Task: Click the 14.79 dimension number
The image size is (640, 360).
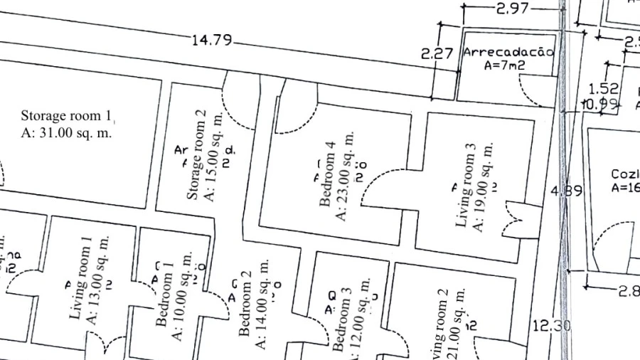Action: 212,40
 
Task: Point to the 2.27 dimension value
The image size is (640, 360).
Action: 437,53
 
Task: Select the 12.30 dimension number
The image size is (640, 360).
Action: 551,326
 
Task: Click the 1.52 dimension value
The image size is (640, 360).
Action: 603,89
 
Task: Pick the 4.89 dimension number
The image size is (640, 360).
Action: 567,191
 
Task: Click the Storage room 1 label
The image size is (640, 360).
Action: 67,115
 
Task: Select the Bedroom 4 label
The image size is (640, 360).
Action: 327,174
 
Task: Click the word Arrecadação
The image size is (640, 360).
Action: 508,53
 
